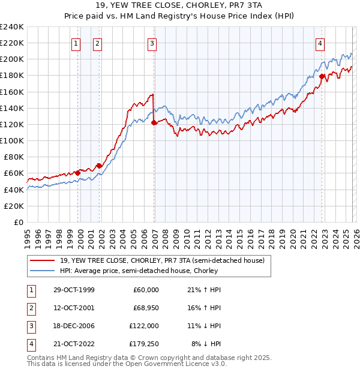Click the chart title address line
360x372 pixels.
point(179,6)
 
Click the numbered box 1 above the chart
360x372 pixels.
point(77,43)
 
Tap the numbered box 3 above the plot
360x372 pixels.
point(152,43)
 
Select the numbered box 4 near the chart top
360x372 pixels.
point(320,43)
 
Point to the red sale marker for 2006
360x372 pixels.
point(154,122)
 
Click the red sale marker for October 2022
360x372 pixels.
point(322,76)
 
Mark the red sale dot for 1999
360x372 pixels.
point(78,173)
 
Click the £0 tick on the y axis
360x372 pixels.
point(18,222)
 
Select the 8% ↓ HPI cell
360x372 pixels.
point(206,344)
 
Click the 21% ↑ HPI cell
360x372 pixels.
point(206,289)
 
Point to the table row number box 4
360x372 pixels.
point(30,344)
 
